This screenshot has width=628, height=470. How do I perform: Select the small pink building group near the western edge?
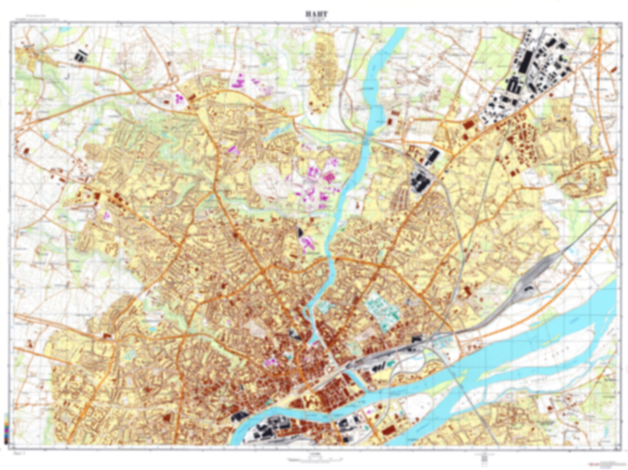point(106,214)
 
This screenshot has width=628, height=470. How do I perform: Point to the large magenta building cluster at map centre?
point(317,183)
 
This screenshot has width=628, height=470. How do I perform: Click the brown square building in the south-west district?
point(166,417)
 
